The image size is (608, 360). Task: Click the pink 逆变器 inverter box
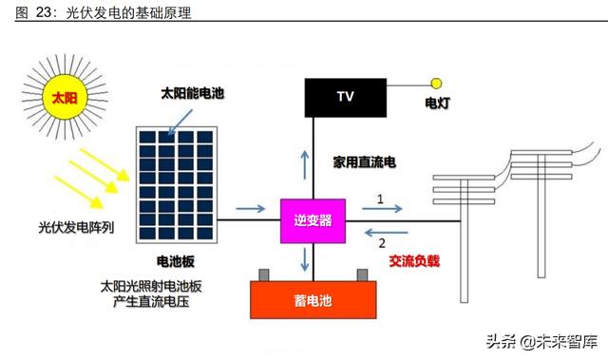click(313, 220)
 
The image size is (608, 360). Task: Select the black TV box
click(344, 95)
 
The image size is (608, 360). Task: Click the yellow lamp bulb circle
click(437, 83)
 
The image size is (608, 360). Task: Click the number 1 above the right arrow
click(380, 199)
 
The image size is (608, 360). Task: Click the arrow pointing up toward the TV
click(306, 162)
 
